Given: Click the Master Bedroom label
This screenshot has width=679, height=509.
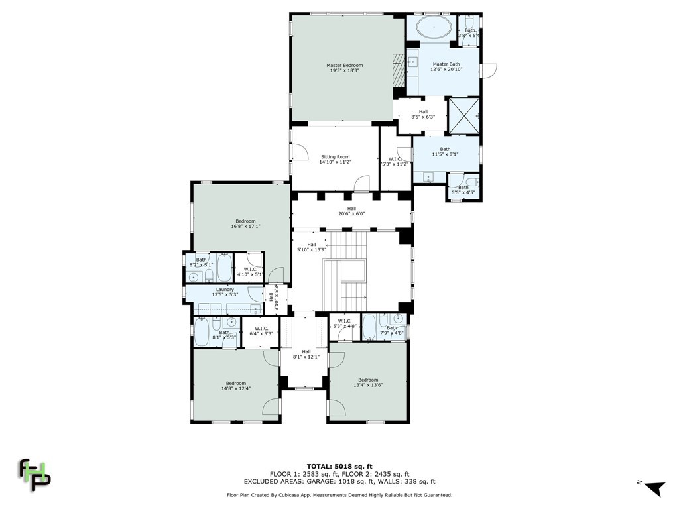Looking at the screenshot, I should pyautogui.click(x=344, y=68).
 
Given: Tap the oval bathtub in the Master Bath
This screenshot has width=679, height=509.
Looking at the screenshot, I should pyautogui.click(x=434, y=28).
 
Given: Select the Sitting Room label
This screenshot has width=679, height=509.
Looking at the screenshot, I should pyautogui.click(x=334, y=159).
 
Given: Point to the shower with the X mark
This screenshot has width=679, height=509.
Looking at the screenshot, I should pyautogui.click(x=464, y=115).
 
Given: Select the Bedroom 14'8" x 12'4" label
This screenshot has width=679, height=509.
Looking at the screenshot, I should pyautogui.click(x=235, y=386).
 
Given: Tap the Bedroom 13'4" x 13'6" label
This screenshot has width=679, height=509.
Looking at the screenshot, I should pyautogui.click(x=368, y=382).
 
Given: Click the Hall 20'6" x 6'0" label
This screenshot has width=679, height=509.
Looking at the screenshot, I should pyautogui.click(x=351, y=211).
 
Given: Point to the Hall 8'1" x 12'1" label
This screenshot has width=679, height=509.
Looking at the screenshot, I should pyautogui.click(x=306, y=354).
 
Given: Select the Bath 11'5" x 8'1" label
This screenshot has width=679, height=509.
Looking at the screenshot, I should pyautogui.click(x=445, y=152).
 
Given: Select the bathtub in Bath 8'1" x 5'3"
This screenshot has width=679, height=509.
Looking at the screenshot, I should pyautogui.click(x=202, y=332).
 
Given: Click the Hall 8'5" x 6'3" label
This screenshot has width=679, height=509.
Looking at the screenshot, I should pyautogui.click(x=423, y=114).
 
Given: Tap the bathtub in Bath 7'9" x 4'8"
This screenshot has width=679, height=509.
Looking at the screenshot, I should pyautogui.click(x=369, y=326).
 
